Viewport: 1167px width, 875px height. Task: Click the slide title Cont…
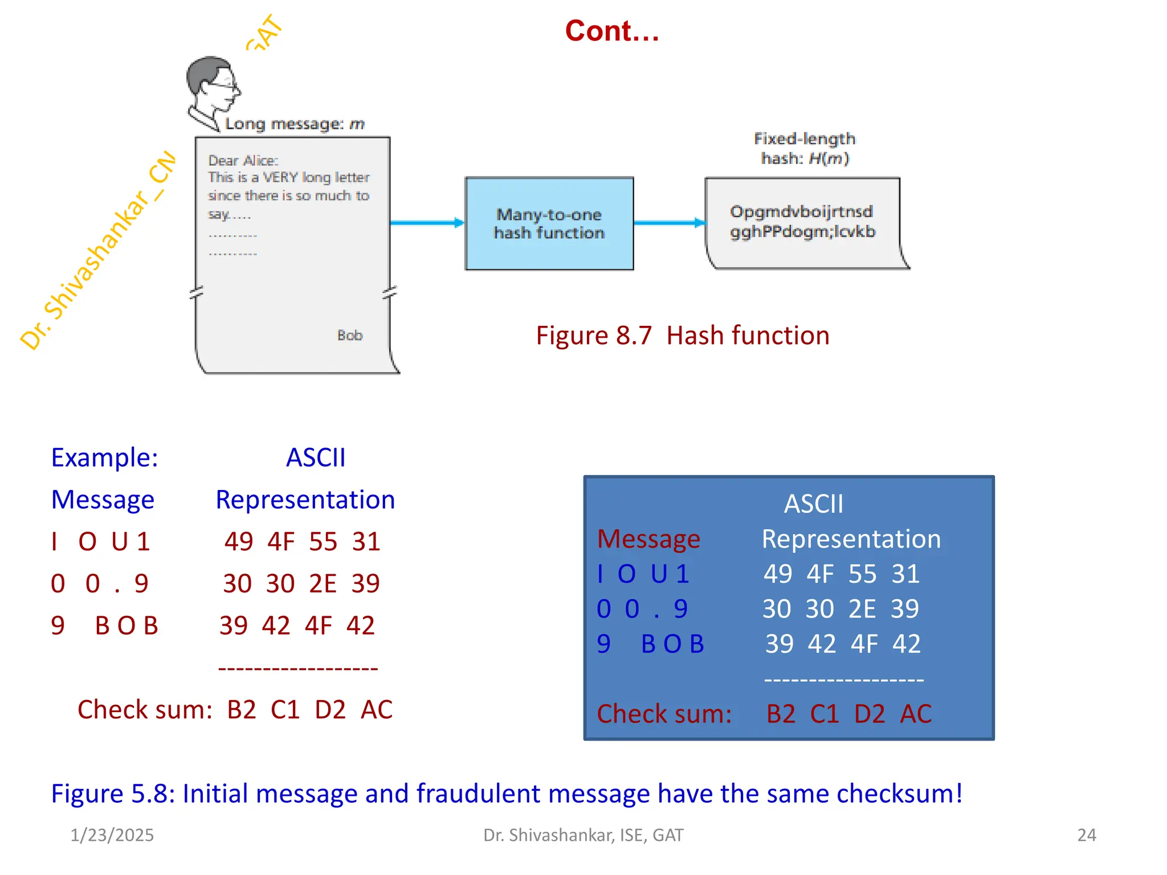pyautogui.click(x=611, y=31)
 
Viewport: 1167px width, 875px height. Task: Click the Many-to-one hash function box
pyautogui.click(x=549, y=223)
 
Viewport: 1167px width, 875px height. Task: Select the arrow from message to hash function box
pyautogui.click(x=427, y=223)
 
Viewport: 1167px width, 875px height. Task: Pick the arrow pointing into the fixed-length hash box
pyautogui.click(x=669, y=223)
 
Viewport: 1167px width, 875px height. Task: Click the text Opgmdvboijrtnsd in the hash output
pyautogui.click(x=801, y=212)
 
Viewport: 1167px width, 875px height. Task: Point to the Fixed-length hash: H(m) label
pyautogui.click(x=805, y=148)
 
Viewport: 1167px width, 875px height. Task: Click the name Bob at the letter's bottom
pyautogui.click(x=349, y=335)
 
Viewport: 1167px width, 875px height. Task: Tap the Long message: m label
pyautogui.click(x=295, y=124)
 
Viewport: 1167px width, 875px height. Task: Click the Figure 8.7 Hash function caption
pyautogui.click(x=682, y=336)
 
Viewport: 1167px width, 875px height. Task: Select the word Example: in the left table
pyautogui.click(x=104, y=457)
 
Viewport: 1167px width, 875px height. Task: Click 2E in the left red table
pyautogui.click(x=323, y=583)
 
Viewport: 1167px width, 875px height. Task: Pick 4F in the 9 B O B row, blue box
pyautogui.click(x=864, y=644)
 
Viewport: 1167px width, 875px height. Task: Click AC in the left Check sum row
pyautogui.click(x=377, y=710)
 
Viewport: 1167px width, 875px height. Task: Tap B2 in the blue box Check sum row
pyautogui.click(x=781, y=714)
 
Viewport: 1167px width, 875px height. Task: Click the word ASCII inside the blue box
pyautogui.click(x=813, y=504)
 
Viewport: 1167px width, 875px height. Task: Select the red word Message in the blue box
pyautogui.click(x=648, y=539)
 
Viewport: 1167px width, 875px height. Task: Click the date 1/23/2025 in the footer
pyautogui.click(x=112, y=835)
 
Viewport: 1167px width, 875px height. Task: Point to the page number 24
pyautogui.click(x=1086, y=835)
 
